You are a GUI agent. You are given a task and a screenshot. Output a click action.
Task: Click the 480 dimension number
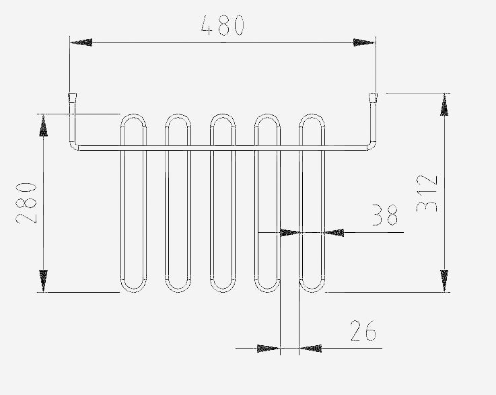coord(223,26)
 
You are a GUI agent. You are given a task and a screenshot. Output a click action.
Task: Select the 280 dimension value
coord(26,203)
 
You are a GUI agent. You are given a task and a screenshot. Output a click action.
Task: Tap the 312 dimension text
coord(427,193)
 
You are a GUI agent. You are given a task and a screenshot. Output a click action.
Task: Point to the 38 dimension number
coord(385,215)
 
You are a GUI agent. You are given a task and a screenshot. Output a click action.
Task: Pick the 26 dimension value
coord(363,331)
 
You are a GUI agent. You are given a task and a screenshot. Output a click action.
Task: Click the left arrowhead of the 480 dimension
coord(81,42)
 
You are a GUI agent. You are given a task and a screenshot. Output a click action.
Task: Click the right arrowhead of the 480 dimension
coord(364,42)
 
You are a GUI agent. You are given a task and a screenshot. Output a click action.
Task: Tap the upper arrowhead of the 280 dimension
coord(43,125)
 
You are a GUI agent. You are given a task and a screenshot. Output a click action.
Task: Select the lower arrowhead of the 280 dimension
coord(43,281)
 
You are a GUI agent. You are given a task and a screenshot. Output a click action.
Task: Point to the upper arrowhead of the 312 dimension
coord(444,105)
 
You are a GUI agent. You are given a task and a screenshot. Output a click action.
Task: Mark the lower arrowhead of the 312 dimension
coord(444,281)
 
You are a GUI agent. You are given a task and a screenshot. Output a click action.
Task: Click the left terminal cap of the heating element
coord(73,98)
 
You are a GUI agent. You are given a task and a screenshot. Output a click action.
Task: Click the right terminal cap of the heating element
coord(374,98)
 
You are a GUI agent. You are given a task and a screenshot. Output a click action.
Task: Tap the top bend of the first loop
coord(133,116)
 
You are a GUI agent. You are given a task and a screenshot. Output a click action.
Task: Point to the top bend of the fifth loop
coord(312,116)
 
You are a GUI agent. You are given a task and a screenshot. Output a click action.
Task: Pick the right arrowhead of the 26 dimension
coord(311,348)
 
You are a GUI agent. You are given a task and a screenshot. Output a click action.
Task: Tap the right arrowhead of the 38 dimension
coord(334,233)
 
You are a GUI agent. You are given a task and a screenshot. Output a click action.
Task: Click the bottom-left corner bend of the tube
coord(74,146)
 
